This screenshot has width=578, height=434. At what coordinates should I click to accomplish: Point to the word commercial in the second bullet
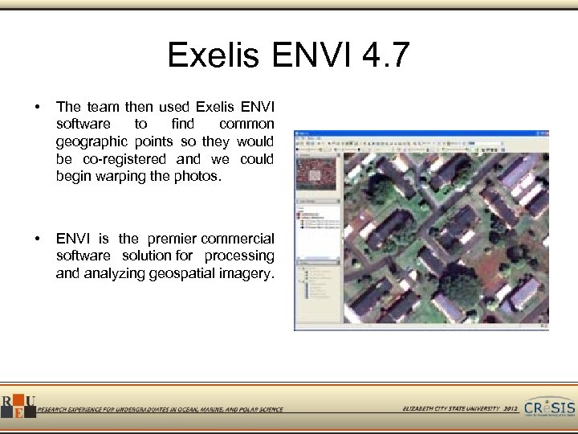click(x=238, y=239)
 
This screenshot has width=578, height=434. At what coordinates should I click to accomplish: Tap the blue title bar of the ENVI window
click(x=421, y=133)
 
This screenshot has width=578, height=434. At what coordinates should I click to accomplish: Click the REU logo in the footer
click(x=18, y=407)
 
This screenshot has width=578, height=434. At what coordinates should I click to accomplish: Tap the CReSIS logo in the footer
click(x=550, y=407)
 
